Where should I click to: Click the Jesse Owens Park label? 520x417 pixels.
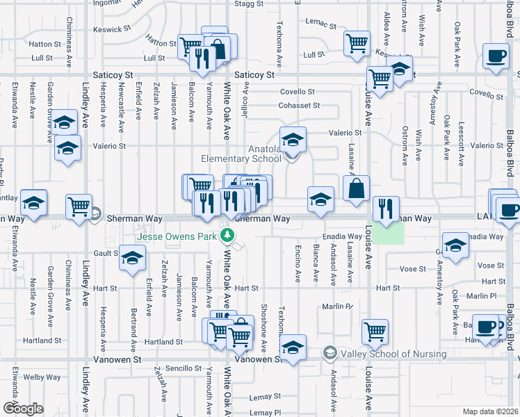(177, 236)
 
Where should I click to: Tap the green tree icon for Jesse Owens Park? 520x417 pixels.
(226, 236)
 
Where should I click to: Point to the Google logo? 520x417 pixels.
(23, 408)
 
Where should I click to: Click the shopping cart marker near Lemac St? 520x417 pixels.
(357, 43)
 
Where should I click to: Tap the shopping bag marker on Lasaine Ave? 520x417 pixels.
(356, 188)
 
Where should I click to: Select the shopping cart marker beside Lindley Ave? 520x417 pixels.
(79, 206)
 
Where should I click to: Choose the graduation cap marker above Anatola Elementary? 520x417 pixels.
(293, 139)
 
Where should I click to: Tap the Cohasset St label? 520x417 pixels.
(299, 106)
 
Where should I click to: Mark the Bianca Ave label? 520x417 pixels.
(316, 261)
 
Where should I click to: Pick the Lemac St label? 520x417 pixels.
(320, 26)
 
